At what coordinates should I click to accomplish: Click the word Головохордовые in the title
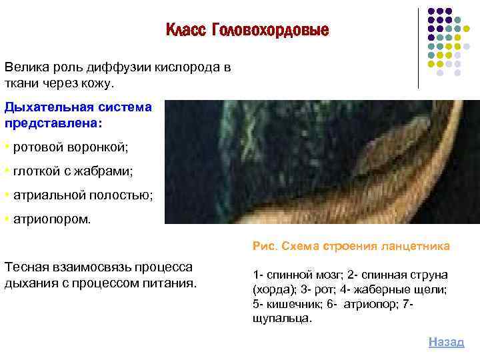click(270, 31)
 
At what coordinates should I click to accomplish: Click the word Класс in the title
click(186, 31)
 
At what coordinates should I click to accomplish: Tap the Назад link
click(446, 341)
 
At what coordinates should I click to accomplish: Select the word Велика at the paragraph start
click(25, 67)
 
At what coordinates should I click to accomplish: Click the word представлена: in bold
click(54, 123)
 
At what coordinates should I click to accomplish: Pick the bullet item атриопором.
click(50, 219)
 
